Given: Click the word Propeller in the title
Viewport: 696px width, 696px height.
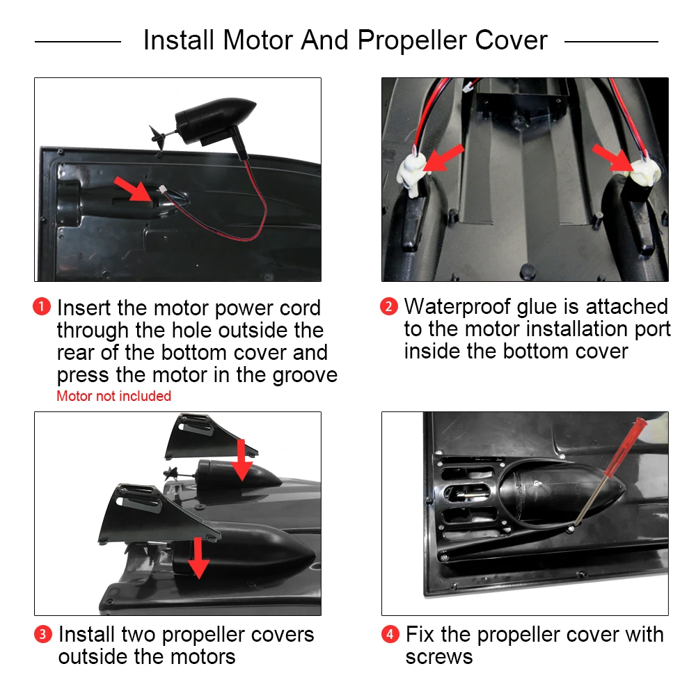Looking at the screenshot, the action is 412,41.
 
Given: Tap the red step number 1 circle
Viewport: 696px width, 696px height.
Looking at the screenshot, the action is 42,307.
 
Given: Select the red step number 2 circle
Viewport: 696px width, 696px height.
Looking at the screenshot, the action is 389,307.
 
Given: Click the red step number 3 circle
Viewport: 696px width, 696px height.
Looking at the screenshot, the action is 43,634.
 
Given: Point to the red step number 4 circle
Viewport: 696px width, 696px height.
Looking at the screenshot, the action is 390,634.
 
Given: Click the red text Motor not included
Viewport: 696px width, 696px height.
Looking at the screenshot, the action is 113,396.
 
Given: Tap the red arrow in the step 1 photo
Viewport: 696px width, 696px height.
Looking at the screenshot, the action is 133,189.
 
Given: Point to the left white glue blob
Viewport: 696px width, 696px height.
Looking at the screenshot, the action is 412,174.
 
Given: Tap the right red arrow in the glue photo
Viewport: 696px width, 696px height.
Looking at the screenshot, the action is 612,157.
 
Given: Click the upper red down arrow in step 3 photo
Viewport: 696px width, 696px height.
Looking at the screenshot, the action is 242,460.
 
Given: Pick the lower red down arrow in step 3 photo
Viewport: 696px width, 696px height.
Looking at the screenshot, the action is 198,558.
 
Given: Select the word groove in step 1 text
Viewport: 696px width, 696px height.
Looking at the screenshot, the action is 305,376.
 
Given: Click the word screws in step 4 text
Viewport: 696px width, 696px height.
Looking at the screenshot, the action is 439,657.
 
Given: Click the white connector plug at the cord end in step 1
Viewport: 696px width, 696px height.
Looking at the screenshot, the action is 162,189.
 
